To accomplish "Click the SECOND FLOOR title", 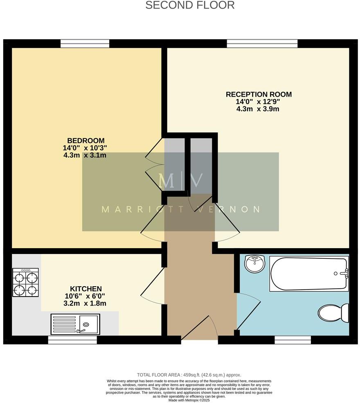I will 190,5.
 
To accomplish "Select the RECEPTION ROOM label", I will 259,94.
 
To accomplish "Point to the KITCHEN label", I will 86,289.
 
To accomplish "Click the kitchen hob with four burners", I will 26,283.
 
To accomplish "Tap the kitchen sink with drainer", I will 75,324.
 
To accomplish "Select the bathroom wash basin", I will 255,263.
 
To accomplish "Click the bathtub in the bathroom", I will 309,274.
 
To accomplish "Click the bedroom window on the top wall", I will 85,43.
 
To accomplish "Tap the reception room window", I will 262,43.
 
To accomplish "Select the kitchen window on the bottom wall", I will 72,340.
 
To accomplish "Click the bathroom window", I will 292,340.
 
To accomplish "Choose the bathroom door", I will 248,311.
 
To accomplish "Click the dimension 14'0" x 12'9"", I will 259,102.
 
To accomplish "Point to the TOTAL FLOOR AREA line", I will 189,375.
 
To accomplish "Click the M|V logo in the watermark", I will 180,181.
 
